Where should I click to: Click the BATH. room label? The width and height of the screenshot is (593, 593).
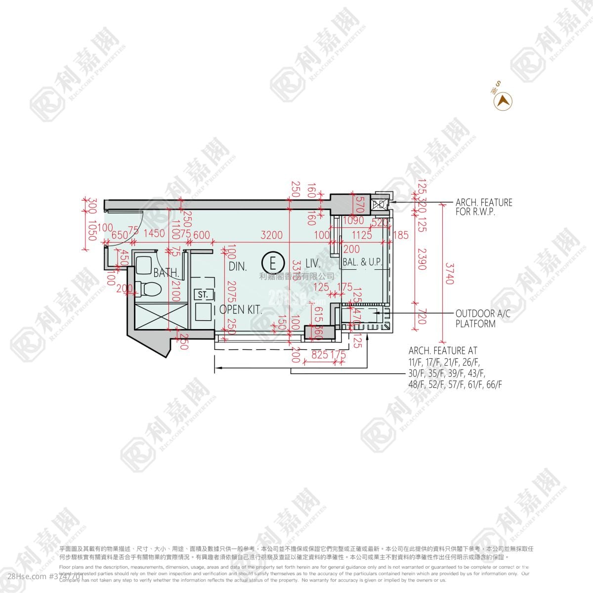click(x=166, y=273)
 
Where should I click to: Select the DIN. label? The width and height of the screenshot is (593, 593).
click(x=238, y=266)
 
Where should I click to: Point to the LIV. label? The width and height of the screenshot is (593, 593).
click(x=313, y=263)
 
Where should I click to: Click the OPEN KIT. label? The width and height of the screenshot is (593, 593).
click(x=241, y=310)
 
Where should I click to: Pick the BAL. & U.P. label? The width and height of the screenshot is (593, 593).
click(x=363, y=262)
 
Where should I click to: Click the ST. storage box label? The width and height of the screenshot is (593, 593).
click(x=203, y=295)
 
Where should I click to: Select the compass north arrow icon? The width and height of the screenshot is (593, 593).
click(x=503, y=101)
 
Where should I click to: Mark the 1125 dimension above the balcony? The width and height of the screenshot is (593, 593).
click(x=362, y=235)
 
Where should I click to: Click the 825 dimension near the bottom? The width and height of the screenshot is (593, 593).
click(x=320, y=354)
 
